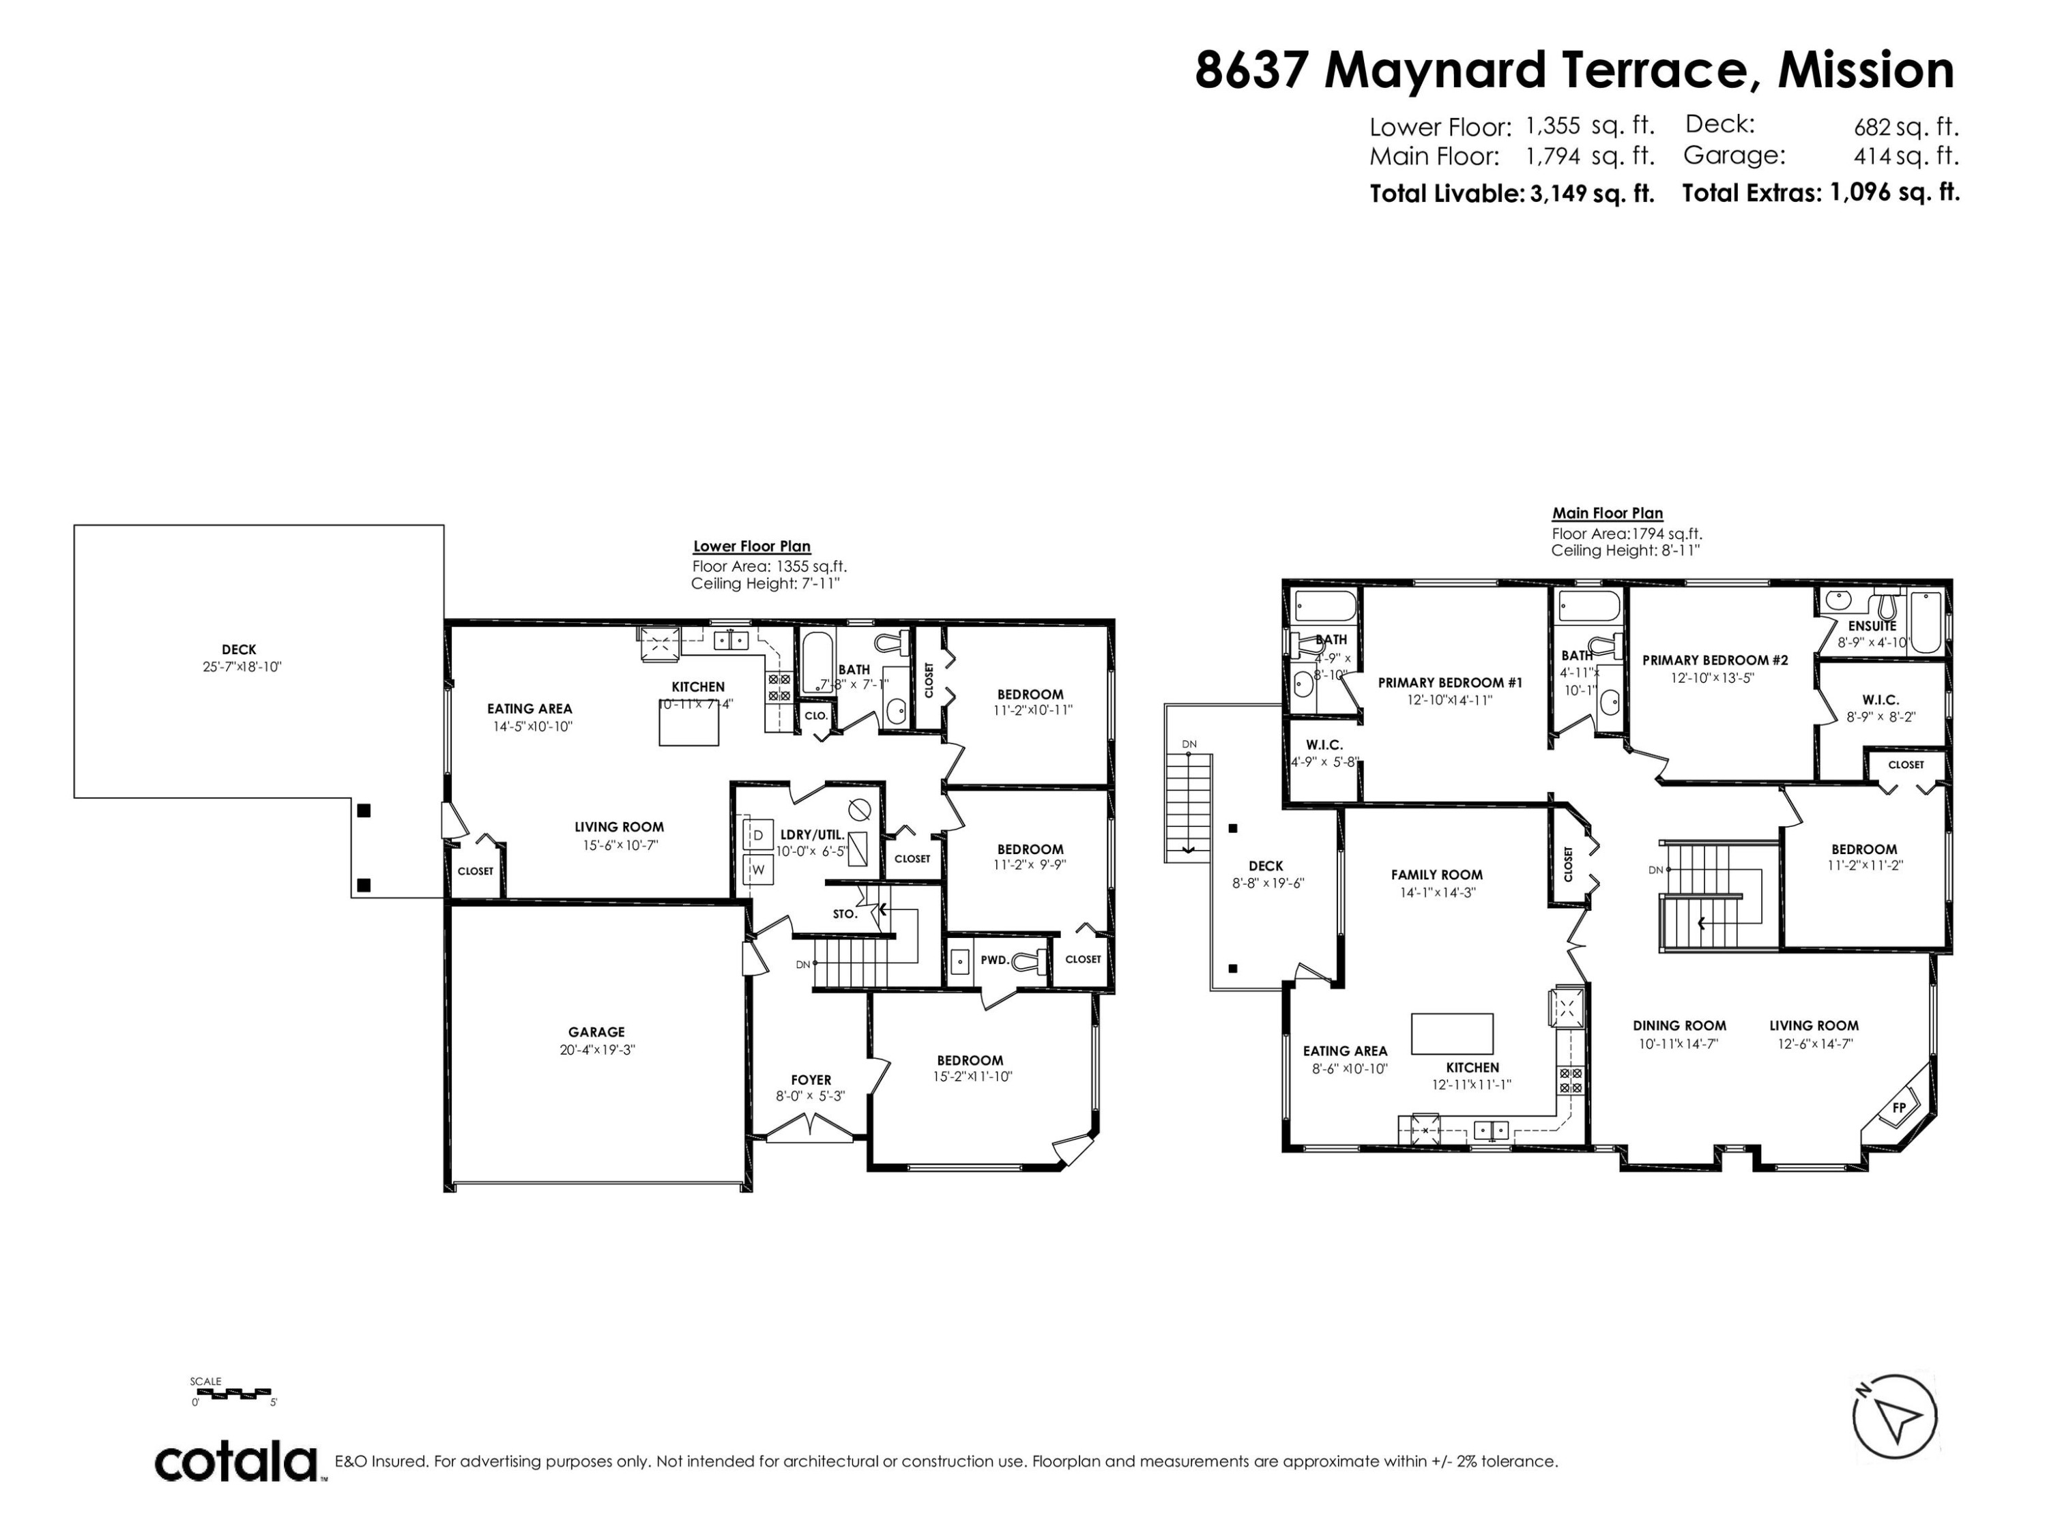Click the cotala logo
(236, 1462)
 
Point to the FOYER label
(811, 1080)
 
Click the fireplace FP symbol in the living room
(1899, 1107)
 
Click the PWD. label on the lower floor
(994, 959)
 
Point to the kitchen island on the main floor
(1451, 1034)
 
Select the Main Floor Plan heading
(1608, 512)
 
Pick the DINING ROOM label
(1679, 1025)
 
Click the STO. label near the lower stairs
(844, 913)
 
